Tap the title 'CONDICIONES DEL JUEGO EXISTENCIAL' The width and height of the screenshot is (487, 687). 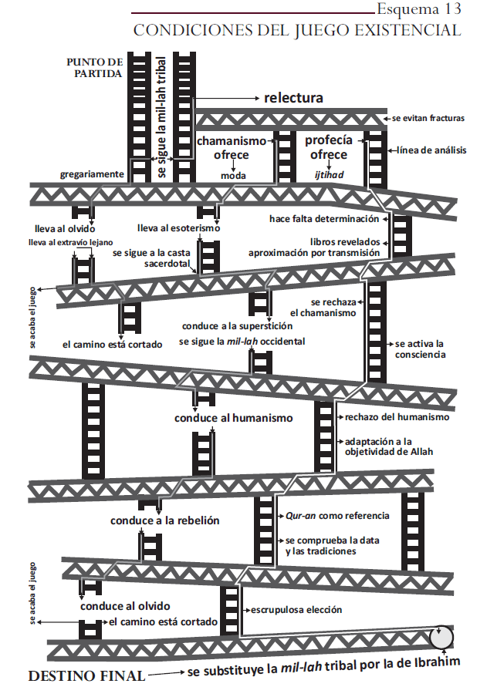[x=297, y=31]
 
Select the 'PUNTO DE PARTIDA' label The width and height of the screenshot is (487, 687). [x=94, y=68]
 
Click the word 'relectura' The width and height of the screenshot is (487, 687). [x=293, y=98]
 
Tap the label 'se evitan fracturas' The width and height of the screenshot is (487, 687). [x=428, y=118]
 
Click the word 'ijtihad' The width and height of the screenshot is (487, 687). [x=330, y=175]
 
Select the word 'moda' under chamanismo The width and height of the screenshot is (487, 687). [x=232, y=176]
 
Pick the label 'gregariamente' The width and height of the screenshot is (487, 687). [x=92, y=174]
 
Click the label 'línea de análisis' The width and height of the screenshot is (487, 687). [x=431, y=150]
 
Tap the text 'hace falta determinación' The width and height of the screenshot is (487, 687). [x=324, y=219]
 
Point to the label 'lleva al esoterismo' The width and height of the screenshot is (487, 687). [x=179, y=228]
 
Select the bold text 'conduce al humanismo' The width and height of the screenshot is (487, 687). [x=234, y=418]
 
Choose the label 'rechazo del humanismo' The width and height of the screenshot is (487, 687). [x=397, y=417]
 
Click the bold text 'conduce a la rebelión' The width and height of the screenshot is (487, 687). [x=165, y=520]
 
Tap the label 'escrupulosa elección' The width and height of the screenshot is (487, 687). [x=296, y=610]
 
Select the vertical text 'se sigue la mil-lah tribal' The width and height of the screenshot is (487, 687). [x=163, y=116]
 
